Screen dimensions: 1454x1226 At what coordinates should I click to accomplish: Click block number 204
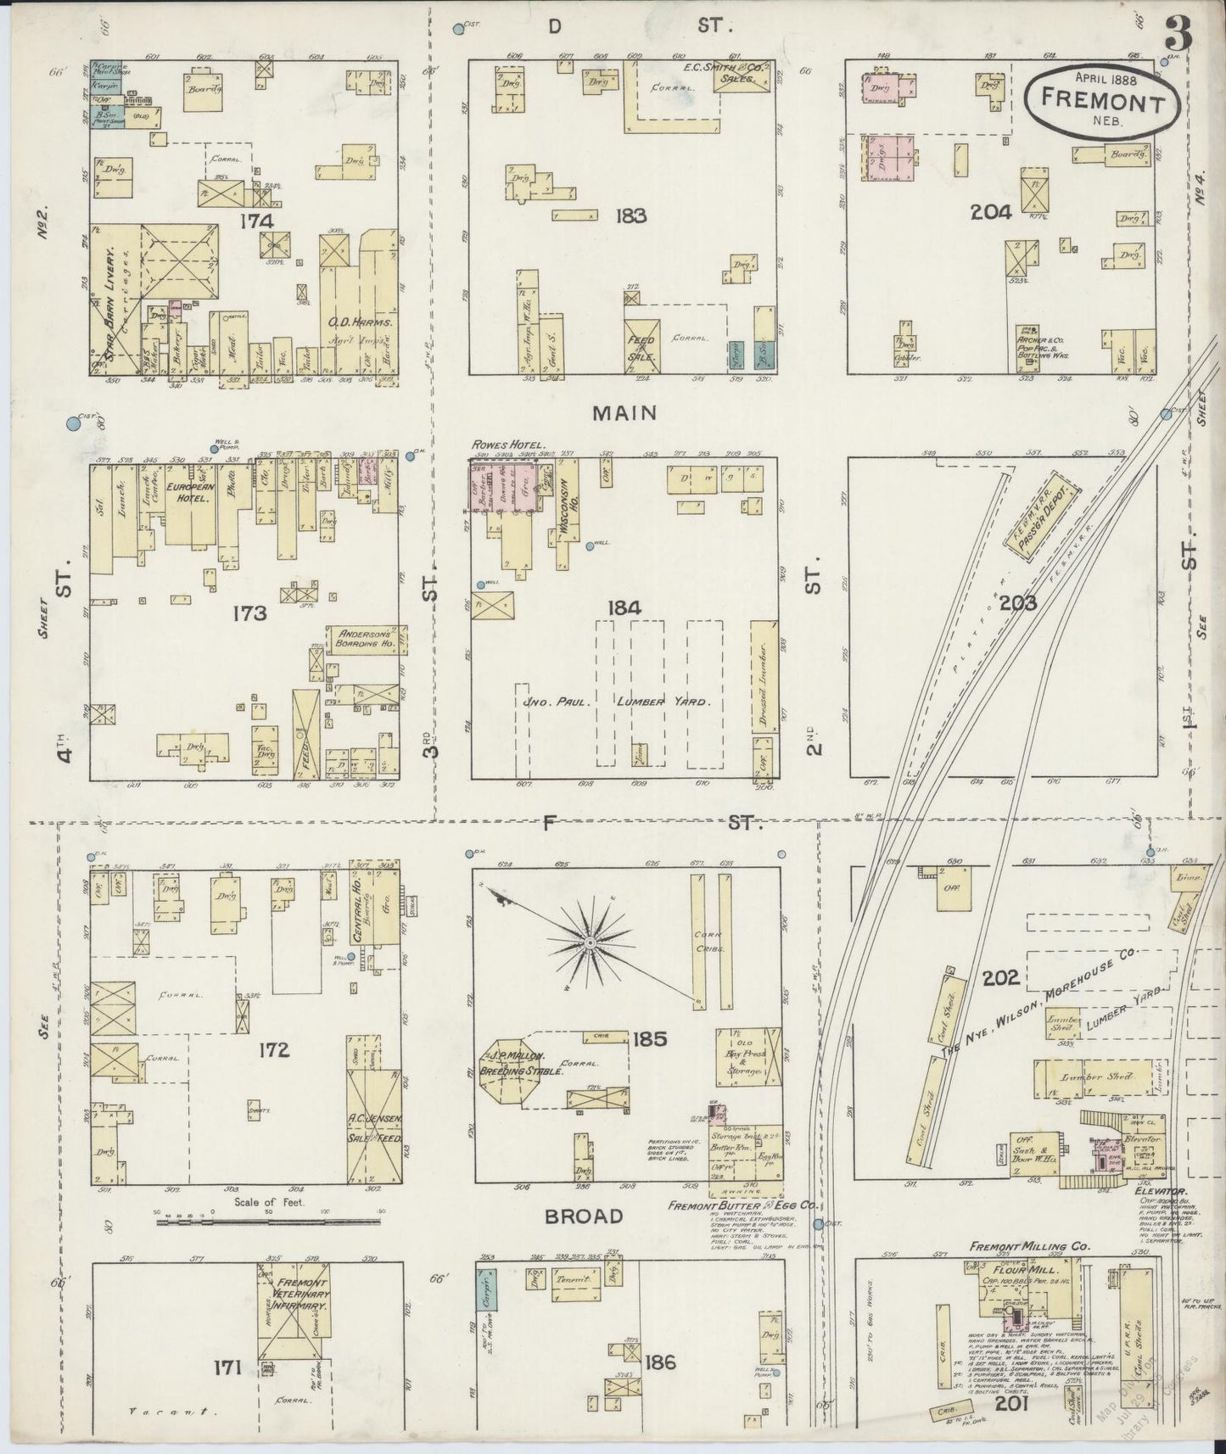click(991, 212)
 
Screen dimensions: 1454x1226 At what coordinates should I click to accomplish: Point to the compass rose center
click(589, 942)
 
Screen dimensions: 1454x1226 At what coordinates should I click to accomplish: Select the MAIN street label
click(624, 413)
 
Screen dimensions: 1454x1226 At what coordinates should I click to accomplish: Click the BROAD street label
click(584, 1216)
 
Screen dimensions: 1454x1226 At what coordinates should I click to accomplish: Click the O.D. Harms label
click(359, 322)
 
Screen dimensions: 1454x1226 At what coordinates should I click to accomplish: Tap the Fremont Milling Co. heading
click(1031, 1247)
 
